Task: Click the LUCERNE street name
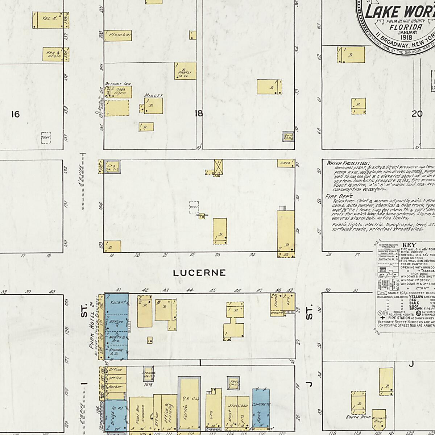pos(199,273)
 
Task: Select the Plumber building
pos(118,35)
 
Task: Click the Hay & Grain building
pos(53,54)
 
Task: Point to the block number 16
pos(15,115)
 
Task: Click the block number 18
pos(198,114)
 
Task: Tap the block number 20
pos(417,114)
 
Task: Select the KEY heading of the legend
pos(409,245)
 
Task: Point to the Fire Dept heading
pos(334,196)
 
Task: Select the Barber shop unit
pos(115,387)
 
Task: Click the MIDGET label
pos(153,96)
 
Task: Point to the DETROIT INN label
pos(118,84)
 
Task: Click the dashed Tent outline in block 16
pos(46,138)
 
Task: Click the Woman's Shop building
pos(379,420)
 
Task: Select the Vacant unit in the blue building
pos(118,302)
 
